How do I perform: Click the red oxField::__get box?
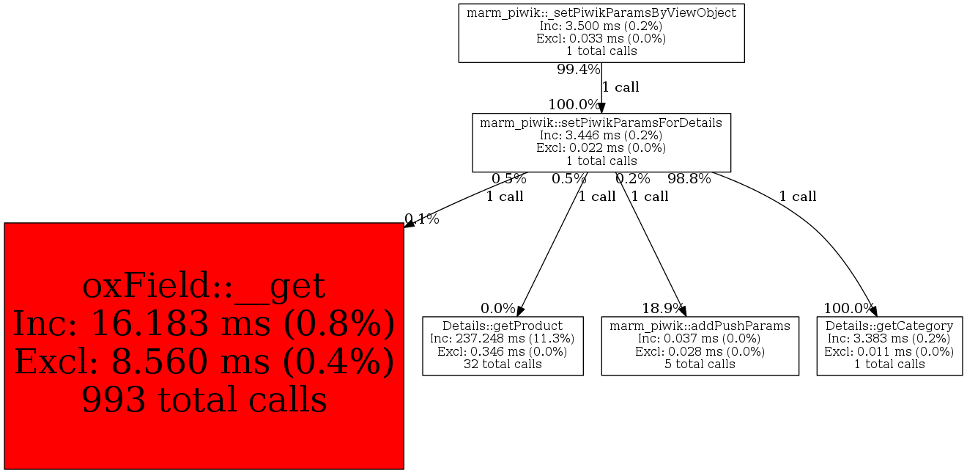[204, 346]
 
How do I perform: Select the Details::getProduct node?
[503, 346]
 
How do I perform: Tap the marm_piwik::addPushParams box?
[700, 346]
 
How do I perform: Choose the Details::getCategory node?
[889, 346]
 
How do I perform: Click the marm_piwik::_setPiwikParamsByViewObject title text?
[601, 13]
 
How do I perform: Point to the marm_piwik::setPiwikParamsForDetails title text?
[601, 122]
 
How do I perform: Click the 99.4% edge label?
[579, 70]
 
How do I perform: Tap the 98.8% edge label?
[689, 178]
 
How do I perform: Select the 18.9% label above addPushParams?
[663, 309]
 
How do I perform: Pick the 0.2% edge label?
[632, 178]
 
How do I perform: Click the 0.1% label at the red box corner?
[422, 219]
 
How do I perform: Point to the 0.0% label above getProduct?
[497, 309]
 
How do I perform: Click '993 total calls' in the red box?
[204, 400]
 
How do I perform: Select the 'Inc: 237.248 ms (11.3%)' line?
[503, 339]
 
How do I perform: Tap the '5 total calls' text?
[700, 364]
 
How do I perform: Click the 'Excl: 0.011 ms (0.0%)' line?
[889, 351]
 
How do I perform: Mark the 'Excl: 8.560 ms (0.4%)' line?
[204, 362]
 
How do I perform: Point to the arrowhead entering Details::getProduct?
[520, 311]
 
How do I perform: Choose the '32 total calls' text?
[503, 364]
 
